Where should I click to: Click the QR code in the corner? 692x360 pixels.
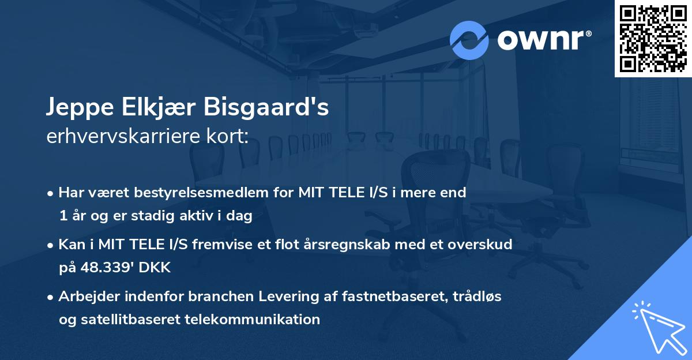tap(653, 38)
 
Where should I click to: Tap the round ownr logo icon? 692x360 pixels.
tap(469, 40)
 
